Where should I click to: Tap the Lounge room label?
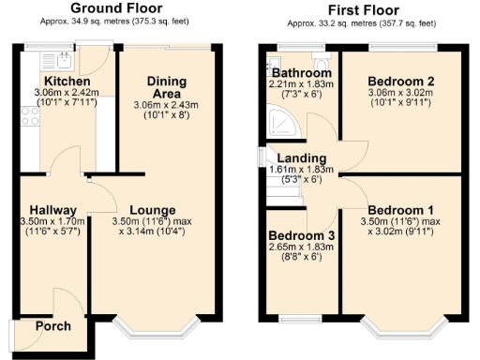(x=151, y=209)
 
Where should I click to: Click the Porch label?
(x=52, y=326)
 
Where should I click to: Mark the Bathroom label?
(x=302, y=73)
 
